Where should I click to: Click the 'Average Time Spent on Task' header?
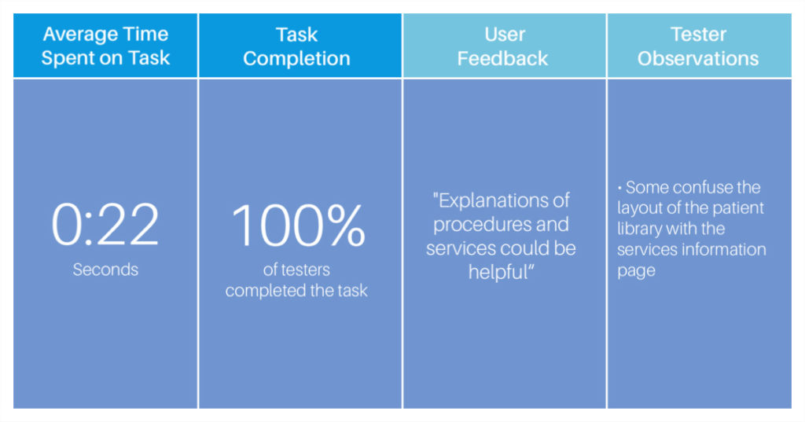(105, 46)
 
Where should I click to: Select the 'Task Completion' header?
(296, 46)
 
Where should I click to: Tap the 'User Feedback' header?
(503, 46)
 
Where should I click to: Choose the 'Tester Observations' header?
(698, 46)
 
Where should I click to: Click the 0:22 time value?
(105, 224)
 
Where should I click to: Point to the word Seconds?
(105, 270)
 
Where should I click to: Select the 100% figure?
(298, 225)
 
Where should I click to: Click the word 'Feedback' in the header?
(502, 58)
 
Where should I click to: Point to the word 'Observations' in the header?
(698, 58)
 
